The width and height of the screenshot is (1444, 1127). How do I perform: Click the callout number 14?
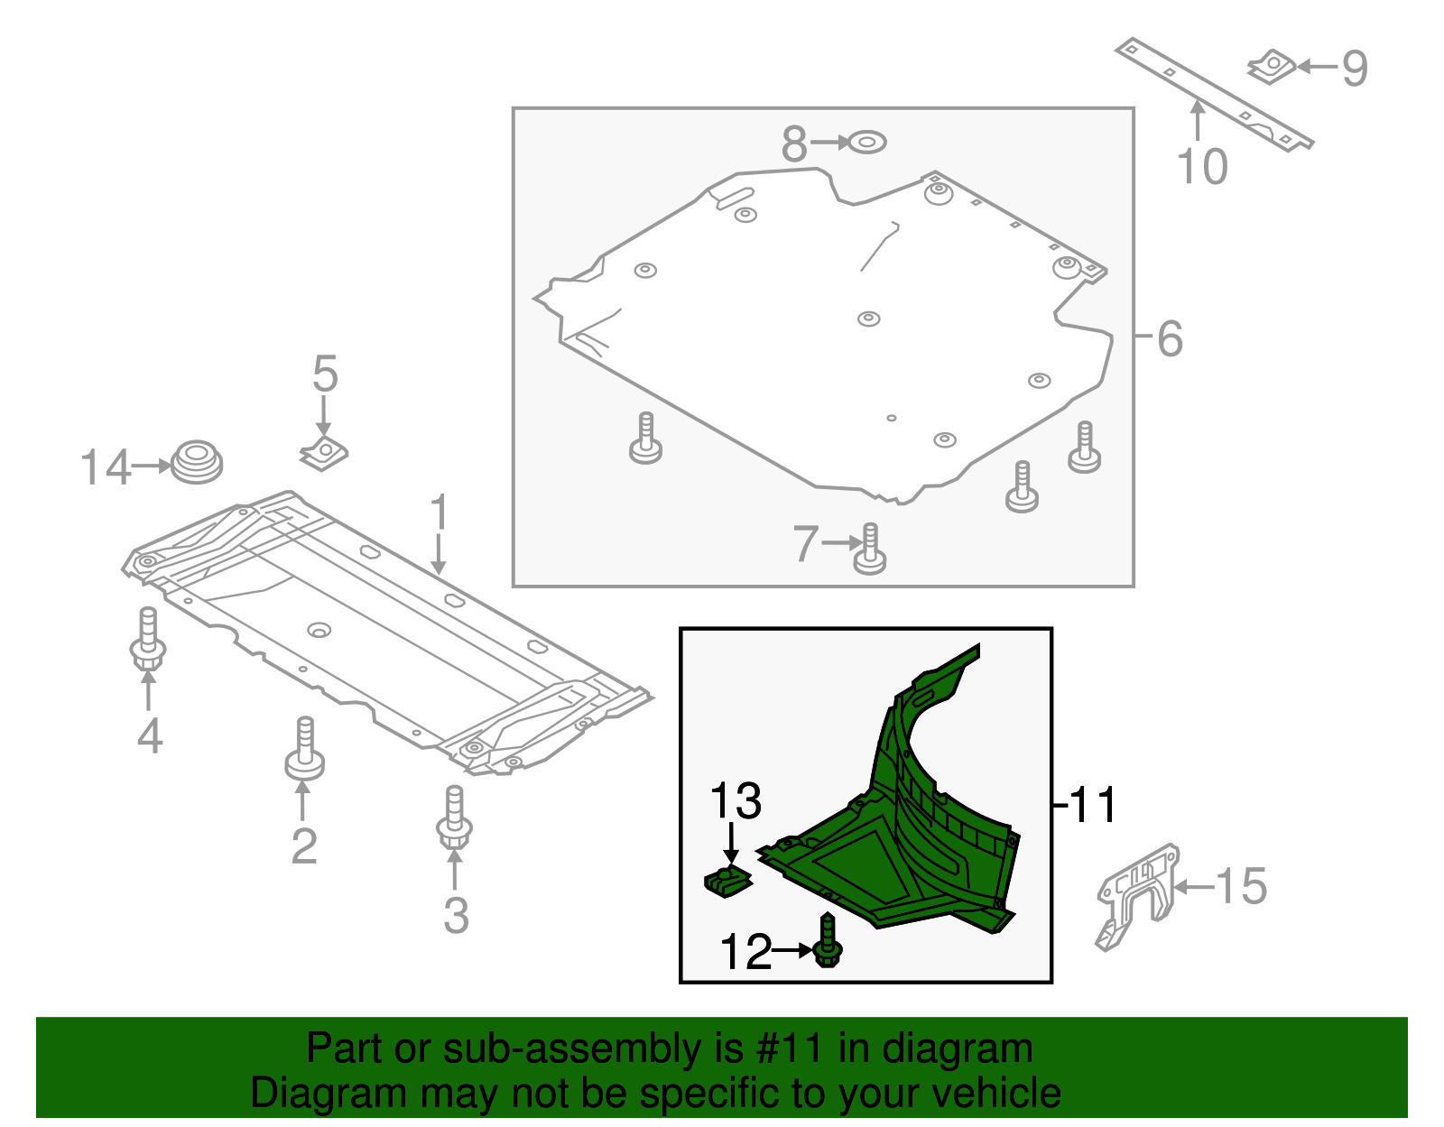point(106,468)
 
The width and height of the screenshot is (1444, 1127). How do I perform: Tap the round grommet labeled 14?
point(197,461)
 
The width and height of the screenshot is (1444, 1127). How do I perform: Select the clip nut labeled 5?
point(324,453)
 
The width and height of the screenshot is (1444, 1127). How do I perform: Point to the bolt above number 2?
point(305,751)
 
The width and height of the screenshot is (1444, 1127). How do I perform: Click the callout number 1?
point(439,513)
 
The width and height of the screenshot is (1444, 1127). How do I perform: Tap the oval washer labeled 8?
point(867,142)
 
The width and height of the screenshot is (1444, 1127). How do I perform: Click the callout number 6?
point(1170,339)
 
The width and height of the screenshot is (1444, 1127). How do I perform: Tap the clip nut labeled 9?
point(1272,66)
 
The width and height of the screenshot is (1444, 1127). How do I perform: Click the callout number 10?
point(1203,167)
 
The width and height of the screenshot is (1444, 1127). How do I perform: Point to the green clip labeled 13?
point(727,881)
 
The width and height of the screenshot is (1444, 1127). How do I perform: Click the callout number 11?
point(1093,804)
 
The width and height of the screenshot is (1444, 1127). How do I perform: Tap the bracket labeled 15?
point(1136,894)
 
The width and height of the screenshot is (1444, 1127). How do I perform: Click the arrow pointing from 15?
point(1194,888)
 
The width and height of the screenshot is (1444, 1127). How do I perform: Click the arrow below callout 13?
point(731,848)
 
